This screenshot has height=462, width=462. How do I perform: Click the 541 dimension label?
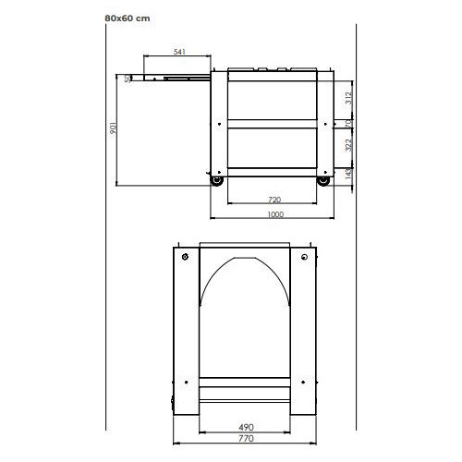[x=179, y=53]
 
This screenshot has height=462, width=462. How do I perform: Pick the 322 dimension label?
[x=348, y=145]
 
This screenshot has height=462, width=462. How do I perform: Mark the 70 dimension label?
[x=348, y=122]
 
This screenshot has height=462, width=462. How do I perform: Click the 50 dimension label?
[x=128, y=78]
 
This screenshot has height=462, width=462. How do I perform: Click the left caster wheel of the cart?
[x=218, y=181]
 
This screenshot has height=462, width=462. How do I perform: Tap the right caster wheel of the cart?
[x=322, y=181]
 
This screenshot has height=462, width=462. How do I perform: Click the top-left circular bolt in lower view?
[x=185, y=256]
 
